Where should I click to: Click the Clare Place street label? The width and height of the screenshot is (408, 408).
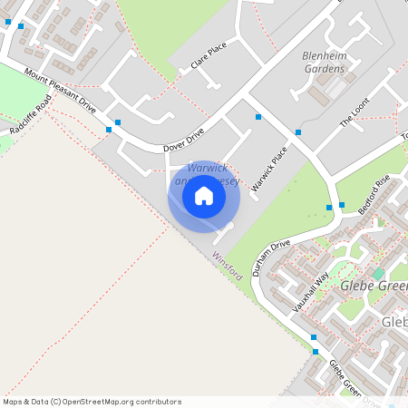[208, 55]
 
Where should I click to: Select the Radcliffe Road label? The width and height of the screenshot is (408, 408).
[28, 117]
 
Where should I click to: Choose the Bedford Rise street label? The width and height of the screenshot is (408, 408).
[374, 195]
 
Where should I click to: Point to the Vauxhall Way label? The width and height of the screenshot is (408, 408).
[310, 293]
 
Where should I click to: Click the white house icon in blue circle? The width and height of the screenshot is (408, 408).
[204, 196]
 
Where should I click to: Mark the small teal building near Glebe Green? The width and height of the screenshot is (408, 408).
[378, 273]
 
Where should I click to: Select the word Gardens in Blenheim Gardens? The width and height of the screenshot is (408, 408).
[324, 68]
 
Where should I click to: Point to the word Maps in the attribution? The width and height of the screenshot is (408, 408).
[13, 402]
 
